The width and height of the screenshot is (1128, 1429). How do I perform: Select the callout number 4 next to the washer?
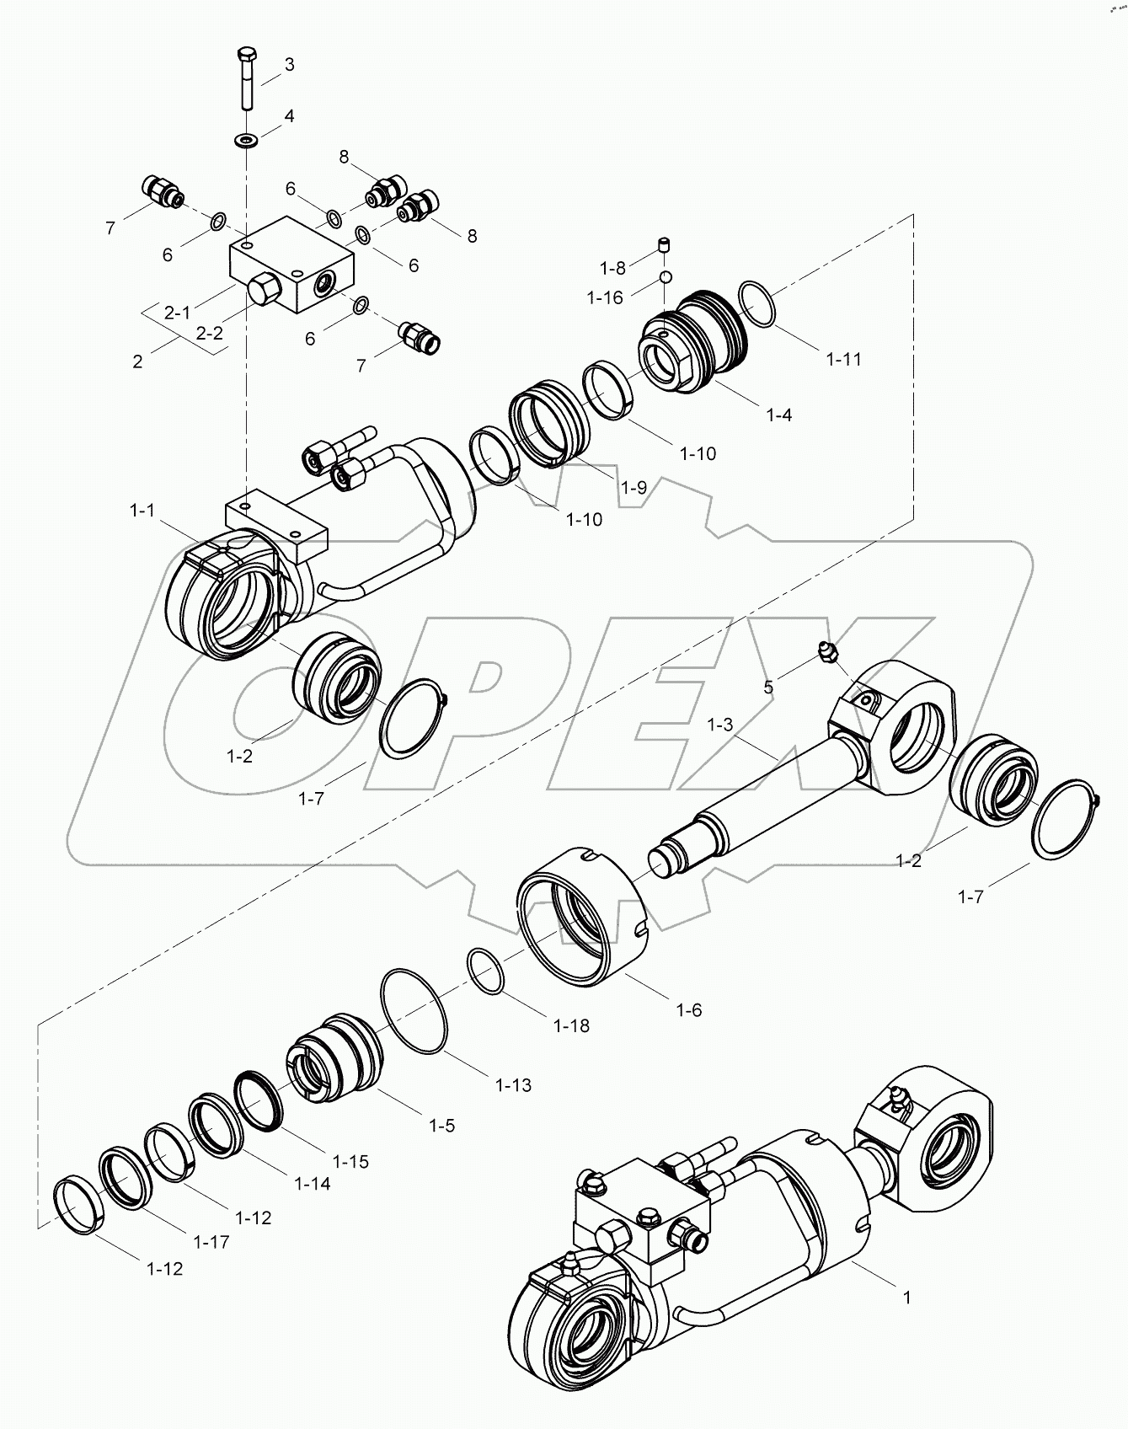[289, 116]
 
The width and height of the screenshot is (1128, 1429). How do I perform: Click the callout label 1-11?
[843, 359]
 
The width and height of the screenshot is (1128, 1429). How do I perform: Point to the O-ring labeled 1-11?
[757, 305]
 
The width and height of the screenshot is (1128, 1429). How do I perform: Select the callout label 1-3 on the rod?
[720, 724]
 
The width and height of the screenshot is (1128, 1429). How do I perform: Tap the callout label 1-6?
[688, 1009]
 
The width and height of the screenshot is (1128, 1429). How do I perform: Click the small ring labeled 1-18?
[486, 971]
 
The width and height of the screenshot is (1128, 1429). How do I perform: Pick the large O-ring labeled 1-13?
[414, 1011]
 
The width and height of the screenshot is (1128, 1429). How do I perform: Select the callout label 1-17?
[211, 1242]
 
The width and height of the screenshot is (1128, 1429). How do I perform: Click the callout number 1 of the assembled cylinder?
[906, 1322]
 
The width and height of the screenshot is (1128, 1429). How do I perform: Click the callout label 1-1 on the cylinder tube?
[142, 510]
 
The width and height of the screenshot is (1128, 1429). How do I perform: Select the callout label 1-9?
[633, 487]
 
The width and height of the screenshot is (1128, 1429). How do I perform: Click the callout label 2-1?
[177, 313]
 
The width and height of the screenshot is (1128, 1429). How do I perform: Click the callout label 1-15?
[350, 1161]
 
